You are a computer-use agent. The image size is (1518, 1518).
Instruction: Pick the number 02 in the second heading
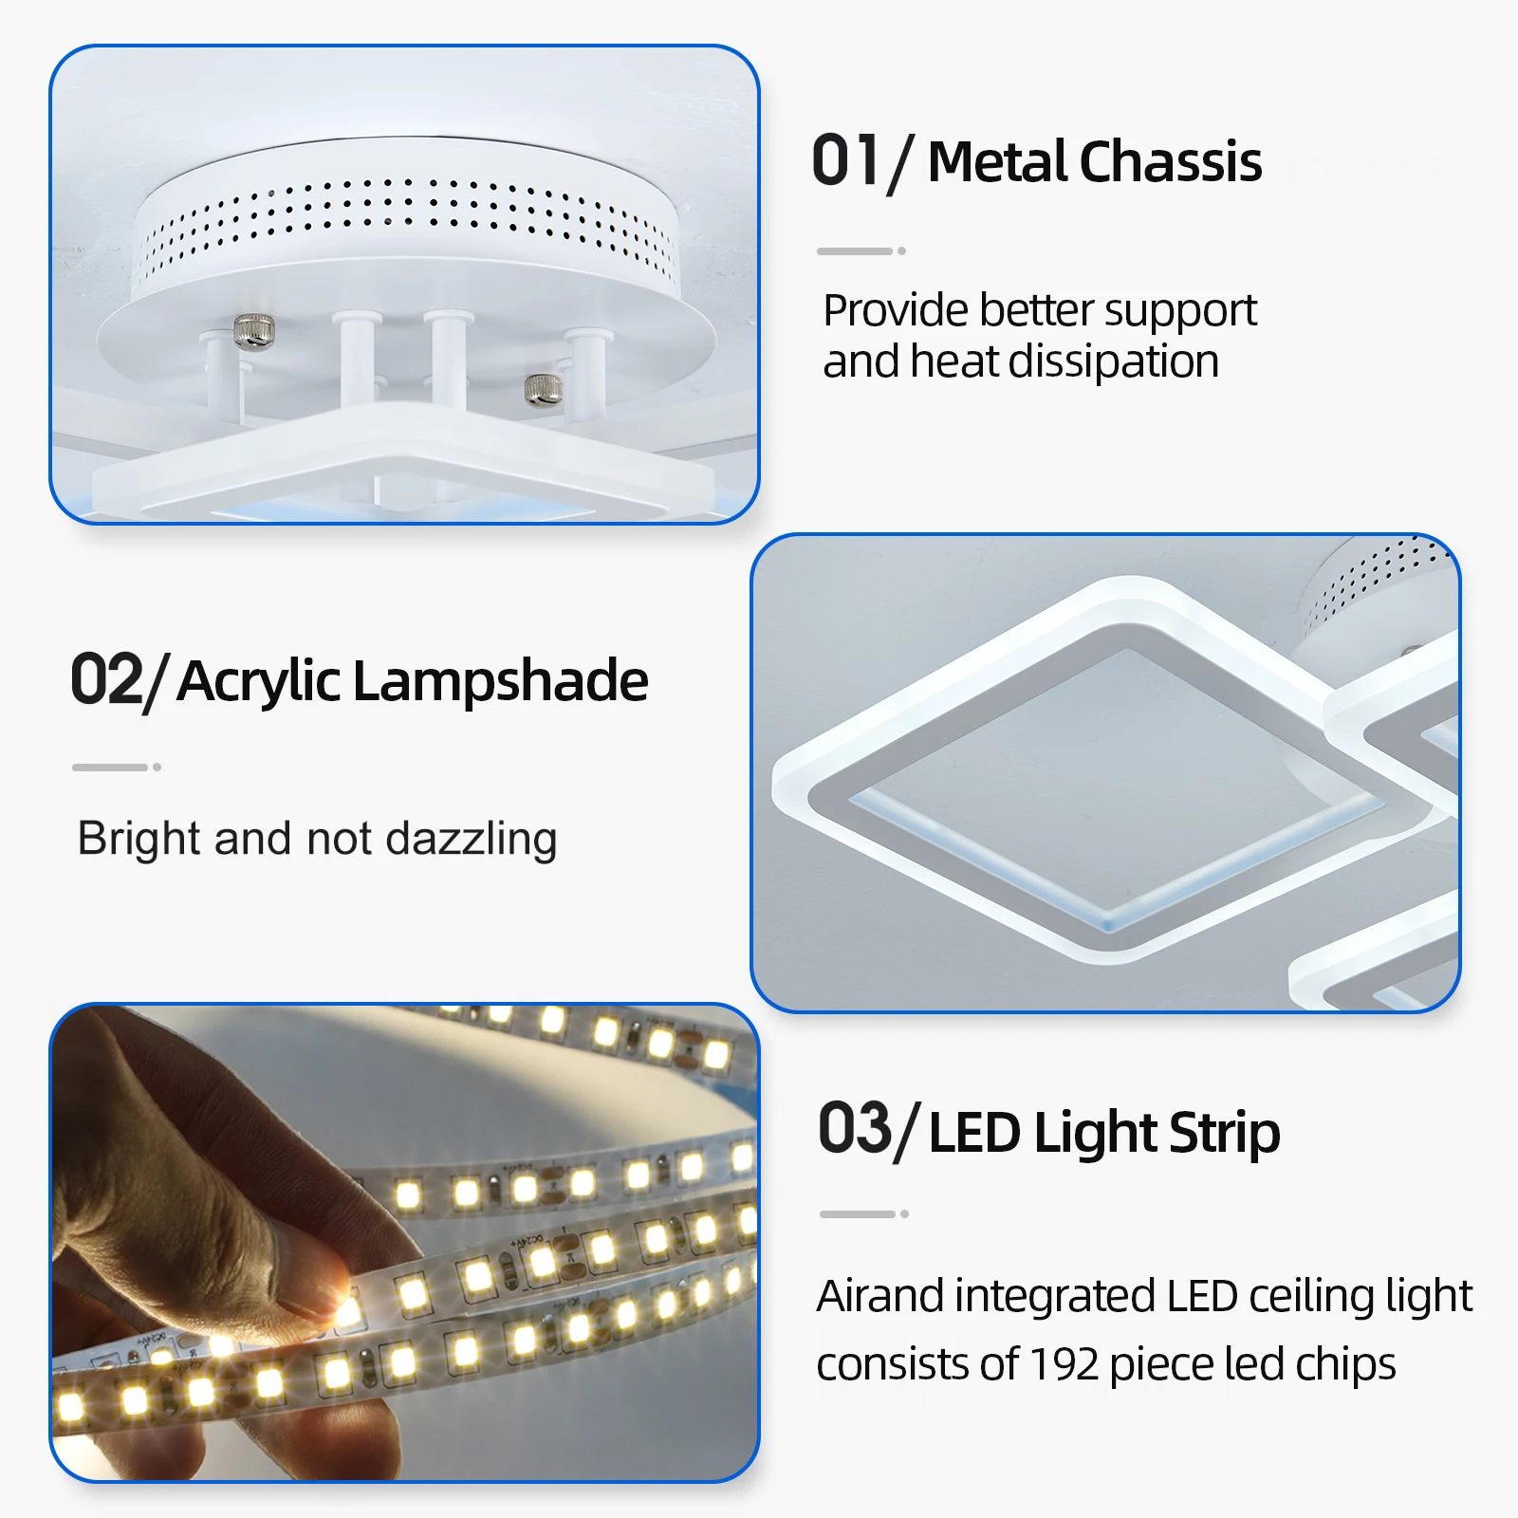tap(106, 679)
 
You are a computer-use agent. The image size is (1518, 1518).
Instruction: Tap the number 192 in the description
tap(1064, 1364)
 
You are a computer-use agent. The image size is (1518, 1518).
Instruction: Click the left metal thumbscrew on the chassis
tap(254, 331)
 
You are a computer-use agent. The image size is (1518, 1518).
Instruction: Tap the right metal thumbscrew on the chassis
tap(544, 388)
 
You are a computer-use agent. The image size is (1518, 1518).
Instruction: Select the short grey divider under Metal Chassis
tap(861, 251)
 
